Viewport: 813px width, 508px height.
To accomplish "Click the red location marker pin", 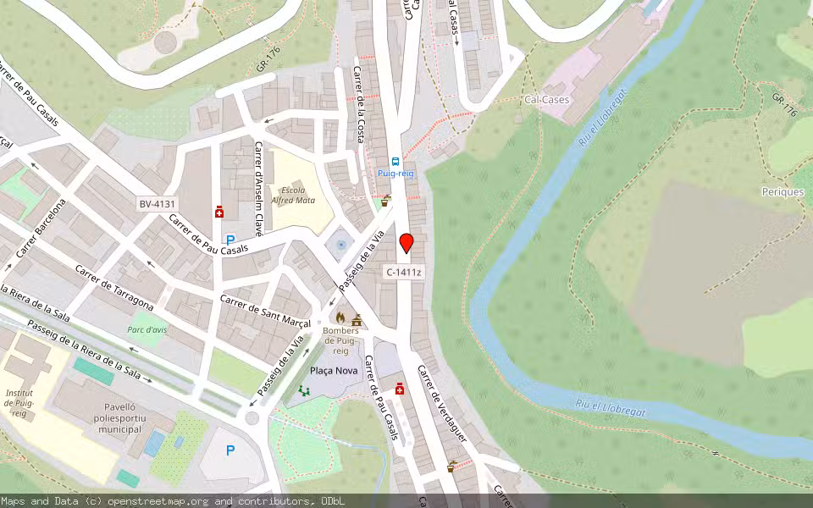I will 406,243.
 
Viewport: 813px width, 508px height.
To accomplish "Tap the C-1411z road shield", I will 404,272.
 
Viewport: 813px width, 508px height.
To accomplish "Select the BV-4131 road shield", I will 158,204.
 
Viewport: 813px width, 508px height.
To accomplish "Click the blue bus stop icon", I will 395,161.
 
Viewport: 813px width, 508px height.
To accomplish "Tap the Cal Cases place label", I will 546,99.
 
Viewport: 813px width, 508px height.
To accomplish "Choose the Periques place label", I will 782,192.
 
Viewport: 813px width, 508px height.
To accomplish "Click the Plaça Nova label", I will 334,371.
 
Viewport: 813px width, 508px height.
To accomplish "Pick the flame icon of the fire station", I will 340,317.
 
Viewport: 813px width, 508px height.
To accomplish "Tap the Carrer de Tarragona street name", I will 114,288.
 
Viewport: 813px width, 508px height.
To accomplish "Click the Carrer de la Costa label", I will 359,104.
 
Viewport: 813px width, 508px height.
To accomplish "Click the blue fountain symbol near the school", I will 340,245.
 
